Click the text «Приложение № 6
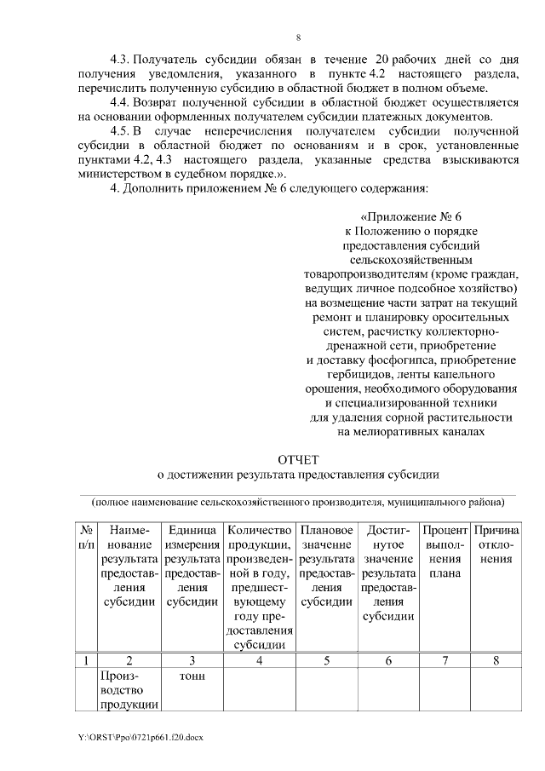pos(411,216)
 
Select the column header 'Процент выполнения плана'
pos(445,551)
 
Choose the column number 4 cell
pos(259,659)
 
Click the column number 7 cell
pos(445,659)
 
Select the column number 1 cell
pos(86,659)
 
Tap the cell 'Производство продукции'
pos(129,688)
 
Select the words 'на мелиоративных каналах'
pos(411,432)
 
